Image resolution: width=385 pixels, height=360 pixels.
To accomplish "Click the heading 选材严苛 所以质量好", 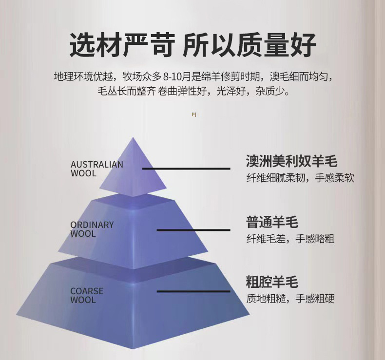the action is coord(193,45).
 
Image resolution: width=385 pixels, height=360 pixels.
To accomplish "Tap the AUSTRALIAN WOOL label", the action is coord(96,169).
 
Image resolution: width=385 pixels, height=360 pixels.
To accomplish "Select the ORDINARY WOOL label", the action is coord(92,229).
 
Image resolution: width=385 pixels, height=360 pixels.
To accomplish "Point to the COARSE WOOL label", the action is coord(87,295).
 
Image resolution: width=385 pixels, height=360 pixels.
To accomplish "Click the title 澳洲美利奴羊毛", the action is coord(291,161).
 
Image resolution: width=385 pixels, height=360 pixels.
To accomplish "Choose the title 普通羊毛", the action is coord(272,223).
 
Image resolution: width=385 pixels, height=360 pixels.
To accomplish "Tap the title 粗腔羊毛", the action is coord(272,282).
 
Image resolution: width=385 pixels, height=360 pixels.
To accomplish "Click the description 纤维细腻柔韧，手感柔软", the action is coord(300,178).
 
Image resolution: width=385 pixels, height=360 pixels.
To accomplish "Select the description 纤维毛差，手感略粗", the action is coord(290,239).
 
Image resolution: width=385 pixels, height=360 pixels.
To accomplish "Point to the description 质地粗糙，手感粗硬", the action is coord(290,299).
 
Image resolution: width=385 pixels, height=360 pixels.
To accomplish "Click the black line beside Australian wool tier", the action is coord(186,169).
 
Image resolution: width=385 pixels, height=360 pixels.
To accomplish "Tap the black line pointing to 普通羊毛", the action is coord(193,229).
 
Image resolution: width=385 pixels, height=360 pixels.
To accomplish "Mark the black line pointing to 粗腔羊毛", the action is coord(193,291).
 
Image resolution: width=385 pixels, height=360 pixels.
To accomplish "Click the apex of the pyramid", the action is coord(133,138).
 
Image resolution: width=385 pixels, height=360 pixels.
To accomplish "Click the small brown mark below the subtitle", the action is coord(193,114).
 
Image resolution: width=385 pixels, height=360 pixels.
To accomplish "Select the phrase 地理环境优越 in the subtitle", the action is coord(83,76).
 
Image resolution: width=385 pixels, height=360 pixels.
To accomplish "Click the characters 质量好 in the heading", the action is coord(287,45).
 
